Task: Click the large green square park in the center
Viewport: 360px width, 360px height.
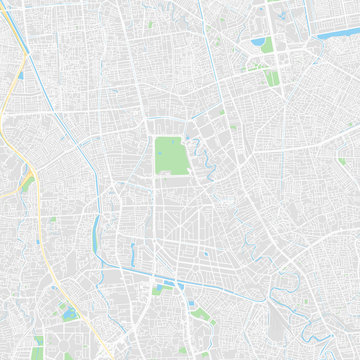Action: [170, 154]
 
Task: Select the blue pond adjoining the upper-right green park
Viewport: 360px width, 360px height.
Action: [259, 43]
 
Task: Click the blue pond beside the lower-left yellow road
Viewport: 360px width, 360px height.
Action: [67, 314]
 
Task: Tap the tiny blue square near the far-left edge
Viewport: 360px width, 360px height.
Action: [19, 75]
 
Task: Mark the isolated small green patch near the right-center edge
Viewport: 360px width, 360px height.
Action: [342, 160]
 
